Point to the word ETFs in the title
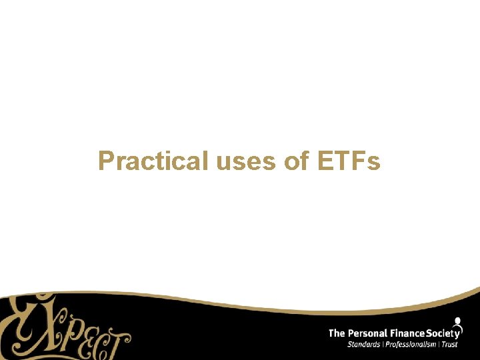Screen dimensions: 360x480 pos(347,161)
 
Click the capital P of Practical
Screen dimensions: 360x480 pos(106,161)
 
